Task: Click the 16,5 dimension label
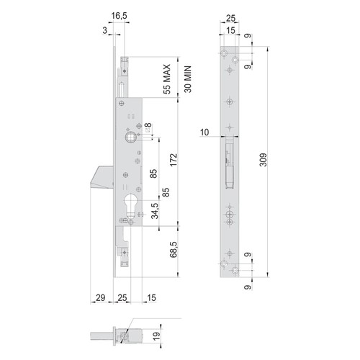click(x=119, y=16)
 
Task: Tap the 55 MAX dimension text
click(x=166, y=79)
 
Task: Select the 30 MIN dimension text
click(x=188, y=79)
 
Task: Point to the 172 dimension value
click(x=173, y=159)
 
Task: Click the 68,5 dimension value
click(x=174, y=250)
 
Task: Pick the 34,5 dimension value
click(x=155, y=211)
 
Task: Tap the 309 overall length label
click(x=264, y=160)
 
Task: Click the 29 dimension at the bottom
click(x=101, y=298)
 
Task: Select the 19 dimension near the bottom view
click(x=156, y=336)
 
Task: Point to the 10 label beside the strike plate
click(x=204, y=132)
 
